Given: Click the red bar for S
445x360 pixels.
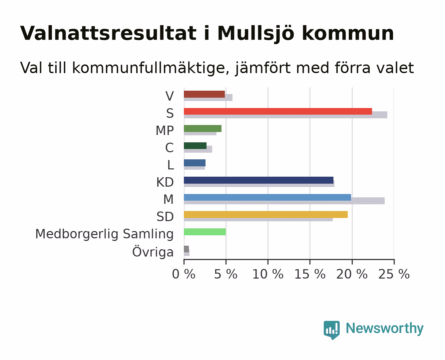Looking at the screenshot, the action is coord(278,111).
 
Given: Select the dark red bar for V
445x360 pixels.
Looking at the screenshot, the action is coord(204,94).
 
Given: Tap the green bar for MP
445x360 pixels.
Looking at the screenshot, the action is coord(203,129).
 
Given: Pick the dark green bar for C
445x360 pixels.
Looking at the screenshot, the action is coord(195,146).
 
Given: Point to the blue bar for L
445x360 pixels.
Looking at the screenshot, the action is coord(195,163).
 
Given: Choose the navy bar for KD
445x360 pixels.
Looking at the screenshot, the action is coord(259,180).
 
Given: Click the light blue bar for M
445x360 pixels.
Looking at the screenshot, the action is coord(267,197).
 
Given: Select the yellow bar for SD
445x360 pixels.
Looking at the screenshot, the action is coord(266,214).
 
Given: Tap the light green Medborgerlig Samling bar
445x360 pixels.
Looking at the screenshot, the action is coord(205,232).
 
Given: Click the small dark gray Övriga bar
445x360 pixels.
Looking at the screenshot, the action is coord(186,249).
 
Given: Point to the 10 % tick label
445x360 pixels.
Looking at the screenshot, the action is coord(268,274).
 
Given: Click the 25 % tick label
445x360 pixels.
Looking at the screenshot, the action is coord(394,274).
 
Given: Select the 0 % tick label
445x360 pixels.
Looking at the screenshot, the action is coord(184,274).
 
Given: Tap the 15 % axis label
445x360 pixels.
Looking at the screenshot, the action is coord(310,274).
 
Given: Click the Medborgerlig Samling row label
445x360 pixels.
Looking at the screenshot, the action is coord(105,234).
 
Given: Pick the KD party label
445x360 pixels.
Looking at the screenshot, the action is coord(165,182).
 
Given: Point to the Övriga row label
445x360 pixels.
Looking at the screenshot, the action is coord(153,252).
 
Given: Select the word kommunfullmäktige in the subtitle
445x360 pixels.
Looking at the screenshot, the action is coord(151,68).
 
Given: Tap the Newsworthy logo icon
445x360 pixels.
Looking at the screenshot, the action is coord(331,330).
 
